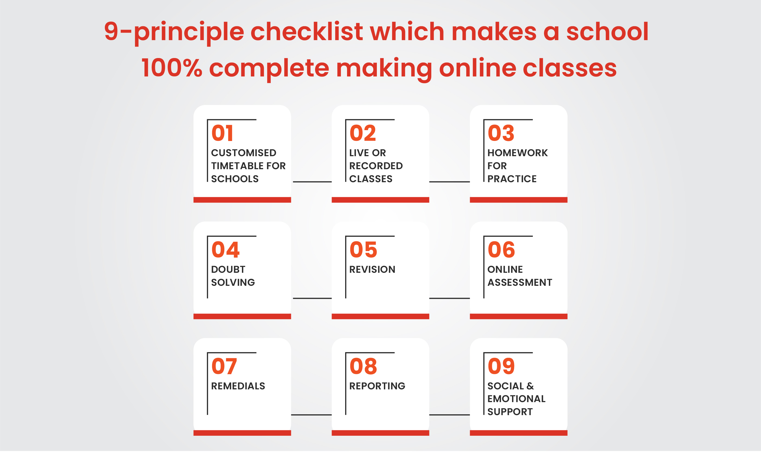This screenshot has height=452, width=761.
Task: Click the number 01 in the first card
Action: coord(222,133)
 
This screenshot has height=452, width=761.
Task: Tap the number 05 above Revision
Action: coord(363,250)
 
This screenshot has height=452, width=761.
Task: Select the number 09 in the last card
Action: coord(501,366)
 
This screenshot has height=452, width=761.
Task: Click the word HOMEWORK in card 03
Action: coord(517,153)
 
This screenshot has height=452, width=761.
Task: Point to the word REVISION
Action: coord(372,270)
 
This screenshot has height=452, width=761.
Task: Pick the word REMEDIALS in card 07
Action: coord(238,386)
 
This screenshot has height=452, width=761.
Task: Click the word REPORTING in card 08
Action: coord(377,386)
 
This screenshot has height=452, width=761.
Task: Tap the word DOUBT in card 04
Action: coord(228,270)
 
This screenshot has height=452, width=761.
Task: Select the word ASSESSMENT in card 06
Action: coord(520,283)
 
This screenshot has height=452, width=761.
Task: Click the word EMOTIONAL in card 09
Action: coord(516,399)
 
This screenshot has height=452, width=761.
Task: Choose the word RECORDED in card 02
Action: coord(376,166)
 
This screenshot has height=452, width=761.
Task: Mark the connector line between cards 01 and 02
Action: coord(312,182)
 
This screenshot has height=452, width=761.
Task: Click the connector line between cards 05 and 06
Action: coord(449,299)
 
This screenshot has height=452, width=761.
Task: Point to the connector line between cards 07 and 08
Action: coord(311,415)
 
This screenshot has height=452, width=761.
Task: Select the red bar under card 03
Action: coord(519,200)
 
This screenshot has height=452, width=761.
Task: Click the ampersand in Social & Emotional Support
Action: coord(530,386)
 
